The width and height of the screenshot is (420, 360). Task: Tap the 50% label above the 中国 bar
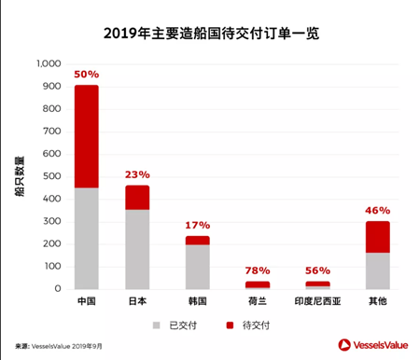(x=87, y=74)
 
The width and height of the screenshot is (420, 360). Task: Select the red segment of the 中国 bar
(x=87, y=136)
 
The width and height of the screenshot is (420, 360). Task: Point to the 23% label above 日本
(x=137, y=174)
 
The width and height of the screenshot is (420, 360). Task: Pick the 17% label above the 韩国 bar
(x=197, y=225)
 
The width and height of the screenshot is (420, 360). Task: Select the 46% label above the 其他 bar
(x=378, y=210)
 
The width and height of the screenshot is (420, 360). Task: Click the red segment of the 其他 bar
(x=378, y=237)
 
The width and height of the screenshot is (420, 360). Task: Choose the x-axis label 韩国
(x=197, y=302)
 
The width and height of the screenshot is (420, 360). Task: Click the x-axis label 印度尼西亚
(x=318, y=302)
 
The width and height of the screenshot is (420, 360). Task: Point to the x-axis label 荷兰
(x=257, y=302)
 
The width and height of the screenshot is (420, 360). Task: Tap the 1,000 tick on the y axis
(x=48, y=64)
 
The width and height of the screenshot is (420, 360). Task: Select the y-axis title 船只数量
(x=18, y=177)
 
